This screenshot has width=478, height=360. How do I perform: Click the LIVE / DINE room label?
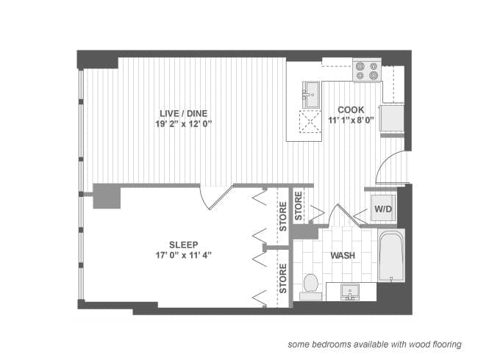(x=184, y=113)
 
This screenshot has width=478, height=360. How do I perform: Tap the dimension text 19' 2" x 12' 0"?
(x=184, y=124)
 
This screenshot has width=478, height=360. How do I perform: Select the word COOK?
(x=351, y=109)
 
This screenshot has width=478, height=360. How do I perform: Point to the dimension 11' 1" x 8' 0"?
(x=351, y=120)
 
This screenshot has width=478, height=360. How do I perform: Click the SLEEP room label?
(x=184, y=245)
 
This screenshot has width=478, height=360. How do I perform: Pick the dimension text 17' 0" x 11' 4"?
(x=184, y=255)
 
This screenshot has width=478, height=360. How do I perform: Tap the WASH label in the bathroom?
(x=343, y=255)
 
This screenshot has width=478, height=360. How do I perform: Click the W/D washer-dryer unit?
(x=383, y=209)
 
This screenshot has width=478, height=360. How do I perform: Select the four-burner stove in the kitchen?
(x=367, y=71)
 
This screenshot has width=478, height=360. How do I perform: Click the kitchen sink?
(x=311, y=95)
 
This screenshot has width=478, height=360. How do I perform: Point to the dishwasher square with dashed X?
(x=310, y=121)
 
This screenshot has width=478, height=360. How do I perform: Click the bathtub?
(x=391, y=255)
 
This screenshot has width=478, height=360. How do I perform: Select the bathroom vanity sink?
(x=350, y=292)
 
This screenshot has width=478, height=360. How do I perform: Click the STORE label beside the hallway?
(x=299, y=206)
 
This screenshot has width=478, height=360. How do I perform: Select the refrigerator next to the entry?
(x=392, y=118)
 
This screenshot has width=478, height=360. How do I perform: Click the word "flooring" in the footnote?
(x=447, y=345)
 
